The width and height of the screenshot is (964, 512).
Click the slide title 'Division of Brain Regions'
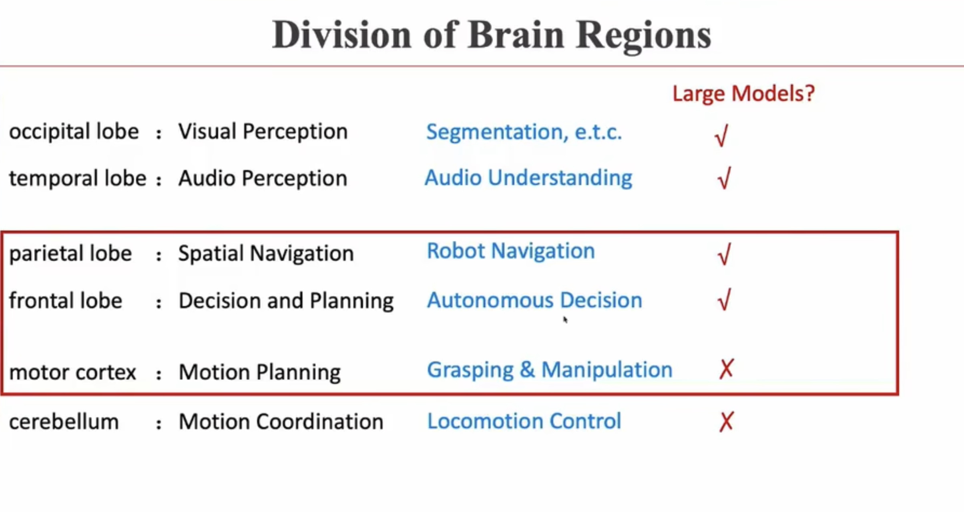click(x=491, y=35)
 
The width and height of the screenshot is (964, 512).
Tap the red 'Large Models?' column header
click(x=743, y=94)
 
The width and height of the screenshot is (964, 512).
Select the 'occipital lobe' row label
click(x=74, y=132)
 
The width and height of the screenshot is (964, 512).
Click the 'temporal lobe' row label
click(x=78, y=178)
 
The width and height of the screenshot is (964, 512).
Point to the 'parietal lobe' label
click(x=70, y=254)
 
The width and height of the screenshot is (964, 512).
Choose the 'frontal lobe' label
click(x=66, y=301)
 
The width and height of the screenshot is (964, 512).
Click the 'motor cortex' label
click(x=72, y=372)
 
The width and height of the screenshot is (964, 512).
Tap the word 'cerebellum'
click(x=64, y=422)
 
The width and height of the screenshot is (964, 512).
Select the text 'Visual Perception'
click(x=263, y=132)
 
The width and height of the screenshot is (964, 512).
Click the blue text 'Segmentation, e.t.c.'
click(x=524, y=132)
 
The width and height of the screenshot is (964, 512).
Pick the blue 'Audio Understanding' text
click(x=528, y=178)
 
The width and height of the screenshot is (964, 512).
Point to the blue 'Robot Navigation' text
click(x=511, y=251)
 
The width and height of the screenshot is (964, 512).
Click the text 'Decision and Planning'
click(x=286, y=301)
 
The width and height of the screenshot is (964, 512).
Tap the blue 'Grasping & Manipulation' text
click(x=550, y=370)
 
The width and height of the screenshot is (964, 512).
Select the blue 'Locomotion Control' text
click(x=524, y=421)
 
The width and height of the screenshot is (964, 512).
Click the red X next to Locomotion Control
click(x=726, y=422)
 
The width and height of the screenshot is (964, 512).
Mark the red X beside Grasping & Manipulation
click(x=726, y=369)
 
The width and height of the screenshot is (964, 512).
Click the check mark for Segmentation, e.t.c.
click(x=722, y=136)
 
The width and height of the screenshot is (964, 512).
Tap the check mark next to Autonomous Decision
click(x=724, y=300)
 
